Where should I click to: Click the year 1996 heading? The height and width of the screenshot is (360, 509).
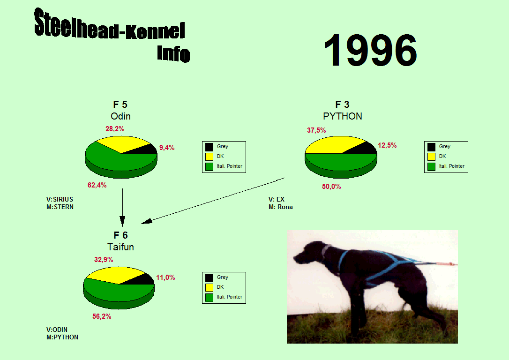[370, 50]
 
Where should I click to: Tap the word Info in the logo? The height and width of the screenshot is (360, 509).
[173, 53]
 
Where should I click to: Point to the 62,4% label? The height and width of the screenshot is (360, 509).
[97, 185]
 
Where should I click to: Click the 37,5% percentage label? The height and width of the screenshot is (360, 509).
[316, 130]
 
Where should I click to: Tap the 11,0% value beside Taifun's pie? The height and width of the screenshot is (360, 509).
[165, 277]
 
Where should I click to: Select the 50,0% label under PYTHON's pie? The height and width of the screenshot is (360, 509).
[331, 187]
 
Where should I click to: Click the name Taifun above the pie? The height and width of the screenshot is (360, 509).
[120, 247]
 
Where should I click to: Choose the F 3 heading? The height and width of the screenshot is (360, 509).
[342, 105]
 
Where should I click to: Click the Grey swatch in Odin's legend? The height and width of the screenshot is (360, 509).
[210, 147]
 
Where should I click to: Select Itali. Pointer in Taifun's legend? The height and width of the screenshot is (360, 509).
[230, 297]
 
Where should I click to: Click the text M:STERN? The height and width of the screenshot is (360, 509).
[60, 207]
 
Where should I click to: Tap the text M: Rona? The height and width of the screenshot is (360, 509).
[280, 207]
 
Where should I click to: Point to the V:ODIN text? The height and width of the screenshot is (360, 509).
[57, 330]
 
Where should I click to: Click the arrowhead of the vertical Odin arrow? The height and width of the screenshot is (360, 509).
[122, 221]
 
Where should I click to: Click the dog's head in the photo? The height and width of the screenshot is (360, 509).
[308, 253]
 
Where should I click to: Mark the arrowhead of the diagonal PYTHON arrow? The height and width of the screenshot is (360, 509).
[146, 221]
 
